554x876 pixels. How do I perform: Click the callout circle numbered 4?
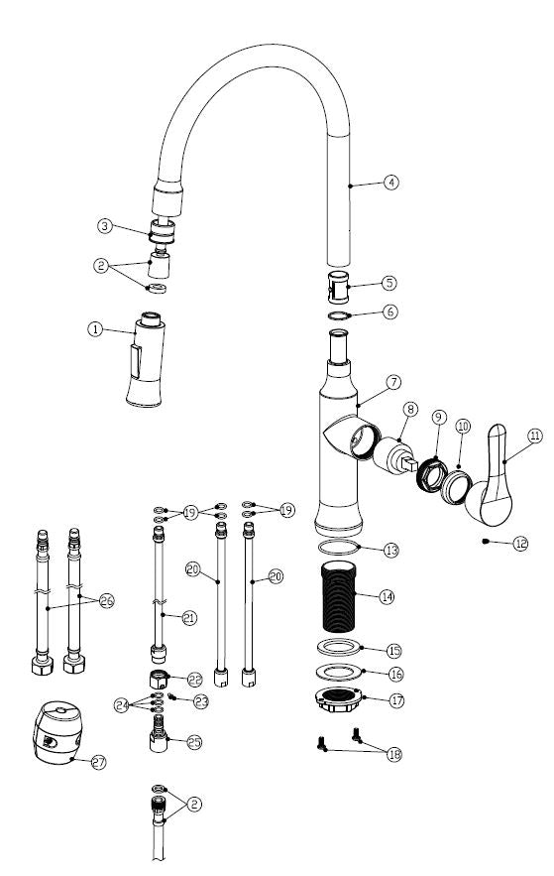tap(391, 183)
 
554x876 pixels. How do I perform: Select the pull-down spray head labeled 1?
tap(146, 359)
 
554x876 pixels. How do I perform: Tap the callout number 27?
tap(98, 762)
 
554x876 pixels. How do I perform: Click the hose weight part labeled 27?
tap(57, 732)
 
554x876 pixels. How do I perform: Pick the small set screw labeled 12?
tap(486, 541)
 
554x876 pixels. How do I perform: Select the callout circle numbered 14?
tap(387, 596)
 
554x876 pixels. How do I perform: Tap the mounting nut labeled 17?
tap(339, 699)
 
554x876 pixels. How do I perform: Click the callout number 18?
tap(394, 755)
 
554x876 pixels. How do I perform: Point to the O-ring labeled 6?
tap(338, 316)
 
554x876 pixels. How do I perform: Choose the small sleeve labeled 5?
tap(338, 287)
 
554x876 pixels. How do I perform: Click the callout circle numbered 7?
tap(393, 383)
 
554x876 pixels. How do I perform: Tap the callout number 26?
tap(107, 601)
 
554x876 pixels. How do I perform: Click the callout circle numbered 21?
tap(189, 618)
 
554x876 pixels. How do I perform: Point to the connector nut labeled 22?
tap(159, 679)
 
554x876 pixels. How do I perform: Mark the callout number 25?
tap(194, 742)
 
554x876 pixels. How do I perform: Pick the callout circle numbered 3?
tap(104, 226)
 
